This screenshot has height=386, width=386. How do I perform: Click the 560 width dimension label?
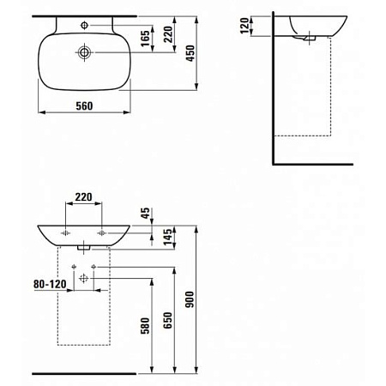coord(84,106)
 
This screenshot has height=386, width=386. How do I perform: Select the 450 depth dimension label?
coord(190,53)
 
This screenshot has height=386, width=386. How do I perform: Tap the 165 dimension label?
coord(145,39)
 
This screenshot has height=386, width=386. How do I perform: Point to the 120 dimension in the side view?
coord(245,26)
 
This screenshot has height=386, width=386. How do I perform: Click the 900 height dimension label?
coord(190,299)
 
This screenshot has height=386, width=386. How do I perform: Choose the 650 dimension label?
coord(168,320)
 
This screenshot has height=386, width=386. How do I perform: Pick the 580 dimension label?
coord(145,326)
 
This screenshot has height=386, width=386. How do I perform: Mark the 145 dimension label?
coord(168,237)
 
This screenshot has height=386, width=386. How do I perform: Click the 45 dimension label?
coord(146,213)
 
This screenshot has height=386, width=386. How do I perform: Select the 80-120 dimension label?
coord(50,284)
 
